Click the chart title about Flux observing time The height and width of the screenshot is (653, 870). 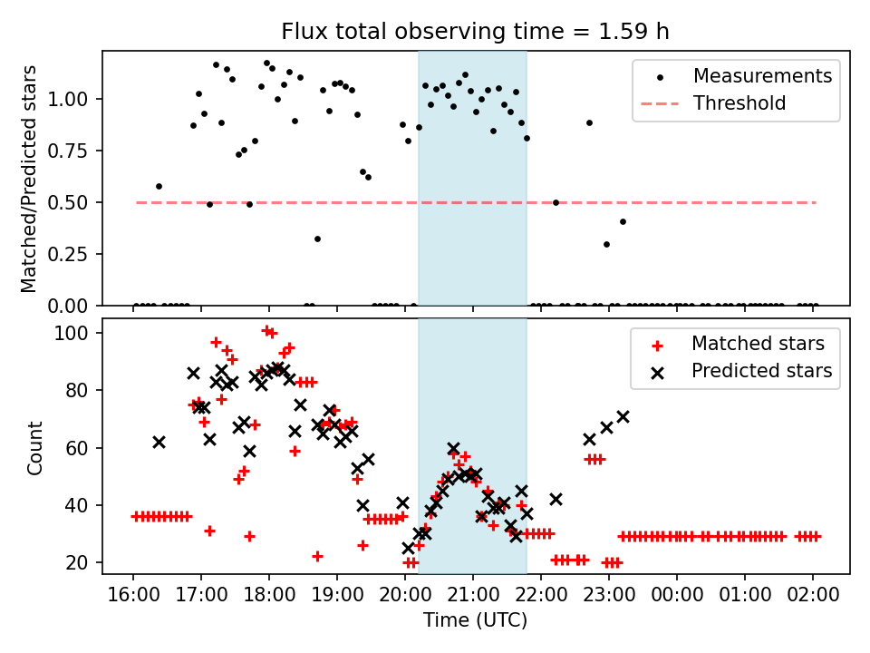pyautogui.click(x=476, y=32)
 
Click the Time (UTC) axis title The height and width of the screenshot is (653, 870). pyautogui.click(x=475, y=621)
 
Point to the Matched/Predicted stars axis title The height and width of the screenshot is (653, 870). pyautogui.click(x=29, y=179)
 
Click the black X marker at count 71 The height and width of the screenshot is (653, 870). pyautogui.click(x=623, y=416)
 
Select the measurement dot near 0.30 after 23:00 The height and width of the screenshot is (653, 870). pyautogui.click(x=606, y=244)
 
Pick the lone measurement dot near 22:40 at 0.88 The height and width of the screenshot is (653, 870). pyautogui.click(x=589, y=122)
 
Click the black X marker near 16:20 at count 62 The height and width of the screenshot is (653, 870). pyautogui.click(x=159, y=442)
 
